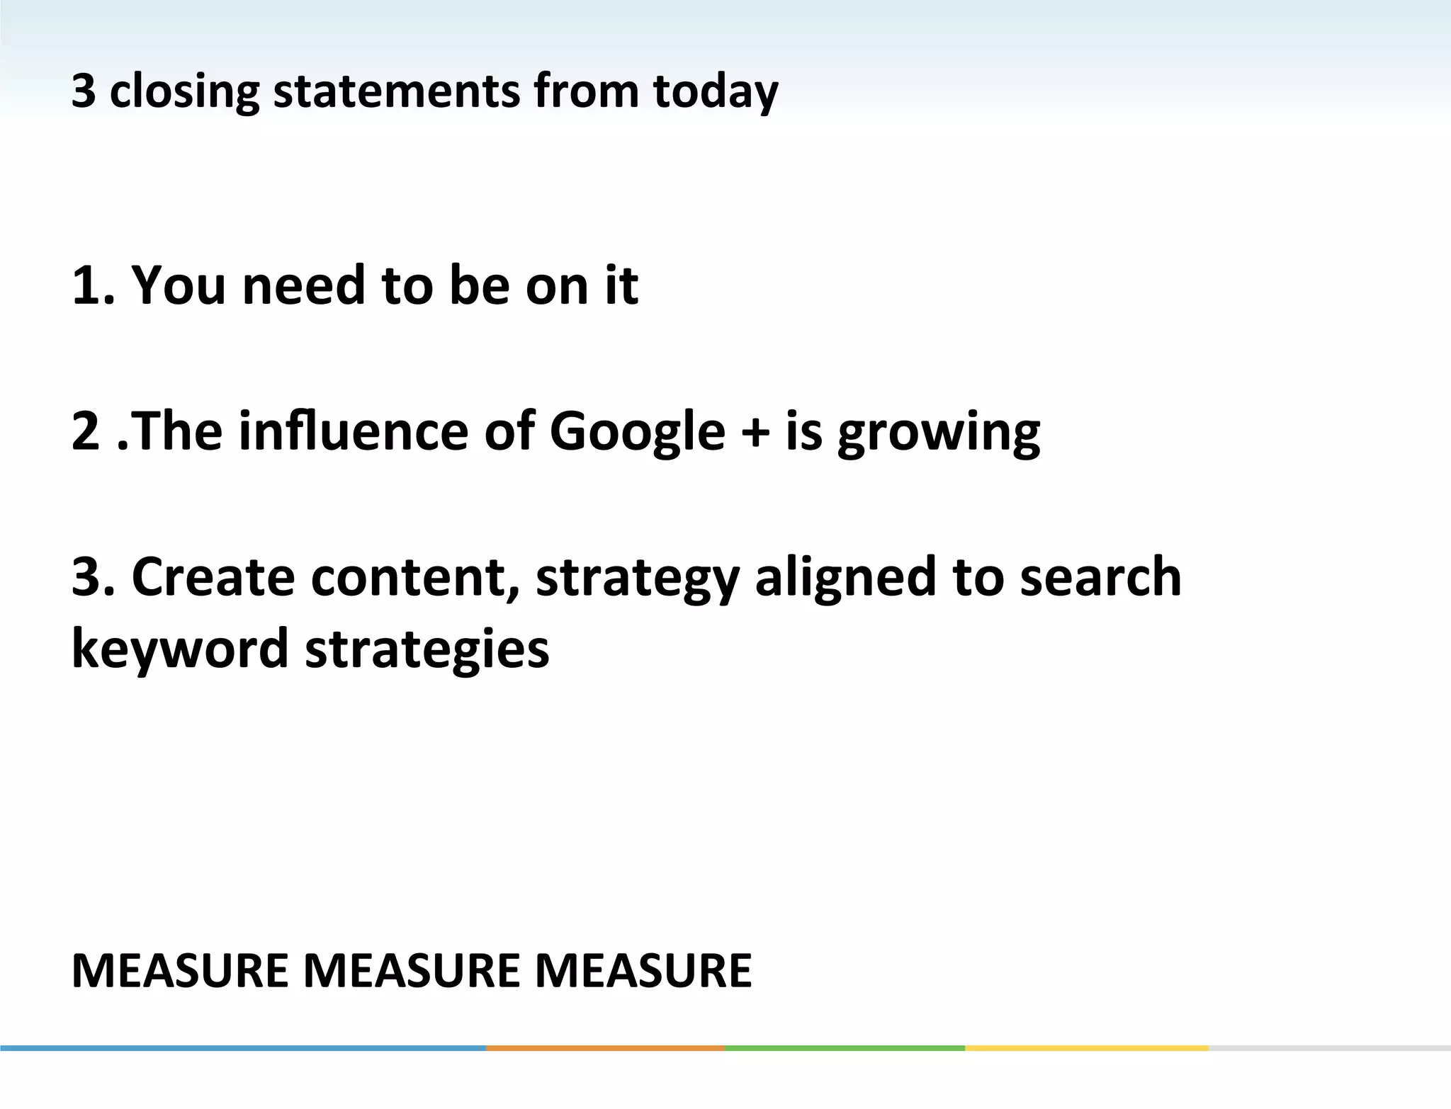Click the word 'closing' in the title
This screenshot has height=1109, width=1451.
point(184,92)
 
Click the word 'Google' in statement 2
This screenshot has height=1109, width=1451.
point(637,432)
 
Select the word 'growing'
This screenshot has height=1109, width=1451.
point(938,432)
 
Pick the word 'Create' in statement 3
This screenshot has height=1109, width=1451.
point(213,576)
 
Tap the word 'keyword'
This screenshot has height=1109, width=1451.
point(180,649)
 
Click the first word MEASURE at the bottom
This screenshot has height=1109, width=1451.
point(180,970)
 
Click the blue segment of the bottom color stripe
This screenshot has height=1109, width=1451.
point(241,1047)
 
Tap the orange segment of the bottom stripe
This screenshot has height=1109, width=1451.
point(605,1047)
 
